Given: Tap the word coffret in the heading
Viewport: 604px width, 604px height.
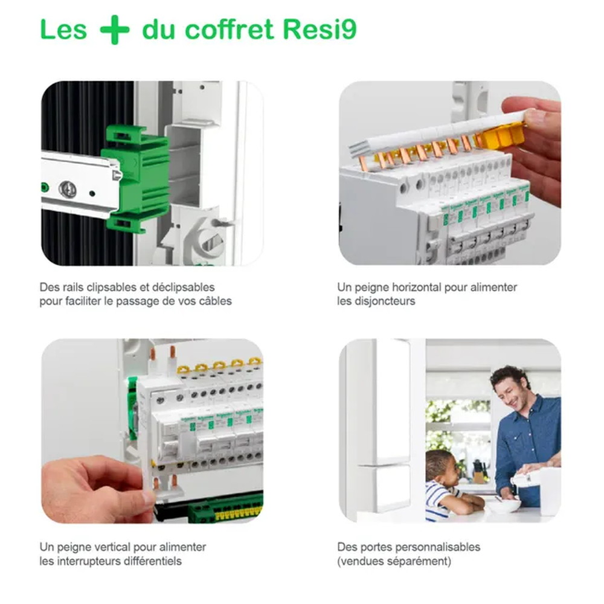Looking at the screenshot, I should [231, 30].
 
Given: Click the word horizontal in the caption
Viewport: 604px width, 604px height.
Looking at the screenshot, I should [413, 288].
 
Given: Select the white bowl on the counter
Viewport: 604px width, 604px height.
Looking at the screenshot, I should [503, 504].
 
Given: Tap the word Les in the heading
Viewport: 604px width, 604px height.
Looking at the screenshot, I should [63, 30].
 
